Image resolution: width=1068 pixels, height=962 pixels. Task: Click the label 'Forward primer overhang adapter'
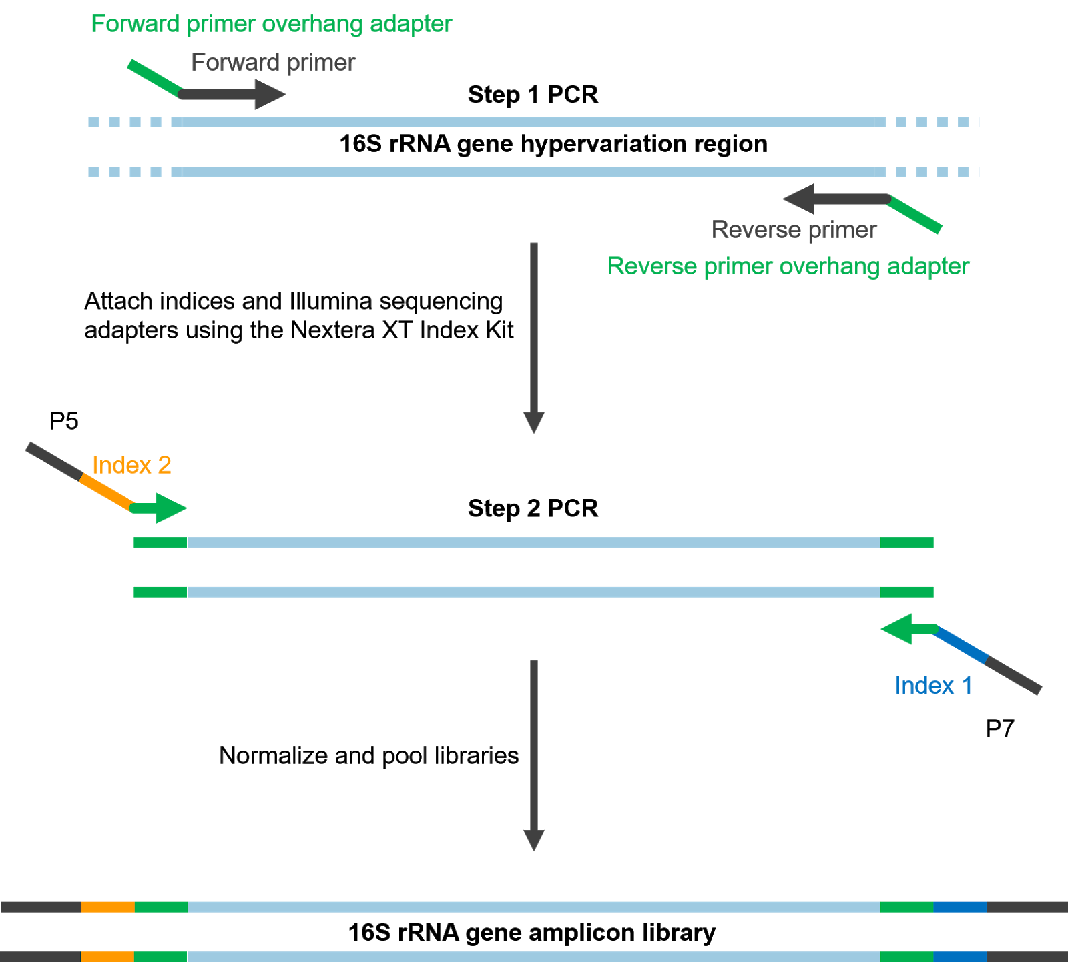point(271,24)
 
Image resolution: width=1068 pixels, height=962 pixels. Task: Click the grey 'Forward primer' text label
point(273,63)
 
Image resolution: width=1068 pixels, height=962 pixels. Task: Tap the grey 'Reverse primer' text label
point(794,230)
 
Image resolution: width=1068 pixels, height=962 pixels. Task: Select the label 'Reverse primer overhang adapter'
point(788,266)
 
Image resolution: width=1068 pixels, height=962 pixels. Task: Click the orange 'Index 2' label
point(131,465)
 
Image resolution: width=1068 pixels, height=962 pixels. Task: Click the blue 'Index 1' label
point(933,686)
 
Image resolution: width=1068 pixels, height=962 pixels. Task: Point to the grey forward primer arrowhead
point(269,95)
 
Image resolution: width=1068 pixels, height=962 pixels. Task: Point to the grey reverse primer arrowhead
point(798,199)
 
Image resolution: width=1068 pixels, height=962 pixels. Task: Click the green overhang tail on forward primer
point(154,78)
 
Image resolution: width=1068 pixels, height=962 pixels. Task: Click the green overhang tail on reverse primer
point(915,215)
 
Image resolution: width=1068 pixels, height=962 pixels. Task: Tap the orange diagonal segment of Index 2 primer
point(106,492)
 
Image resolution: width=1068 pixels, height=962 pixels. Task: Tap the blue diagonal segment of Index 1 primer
point(961,644)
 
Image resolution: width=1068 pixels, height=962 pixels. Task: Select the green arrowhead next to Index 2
point(171,508)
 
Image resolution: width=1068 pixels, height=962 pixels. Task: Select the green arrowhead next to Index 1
point(897,629)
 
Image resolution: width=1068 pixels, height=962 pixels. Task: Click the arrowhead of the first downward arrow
point(534,422)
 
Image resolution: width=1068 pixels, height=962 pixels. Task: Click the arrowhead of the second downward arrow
point(534,840)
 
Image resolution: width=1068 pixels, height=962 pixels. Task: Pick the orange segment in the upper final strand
point(107,907)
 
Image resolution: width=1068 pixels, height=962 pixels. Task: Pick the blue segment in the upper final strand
point(960,907)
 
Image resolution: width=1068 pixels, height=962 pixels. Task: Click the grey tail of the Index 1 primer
point(1013,676)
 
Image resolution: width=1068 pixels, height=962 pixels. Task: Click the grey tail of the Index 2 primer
point(53,460)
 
